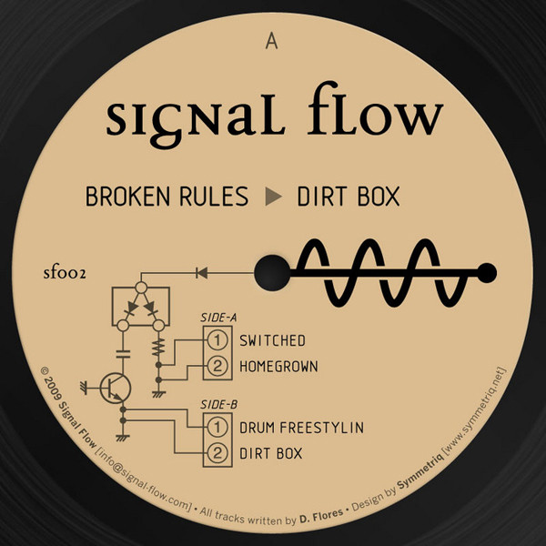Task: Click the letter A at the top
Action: [271, 42]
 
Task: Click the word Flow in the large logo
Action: [375, 110]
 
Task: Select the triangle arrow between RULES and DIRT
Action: [273, 197]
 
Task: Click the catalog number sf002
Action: [65, 273]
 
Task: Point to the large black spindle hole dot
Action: [272, 273]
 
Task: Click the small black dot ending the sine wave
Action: [487, 273]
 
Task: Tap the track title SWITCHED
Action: [272, 341]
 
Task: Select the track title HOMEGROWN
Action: [278, 367]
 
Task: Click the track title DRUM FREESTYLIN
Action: [301, 428]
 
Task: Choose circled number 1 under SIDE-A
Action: [217, 340]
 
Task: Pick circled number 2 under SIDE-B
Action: [217, 453]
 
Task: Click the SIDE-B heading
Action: [218, 405]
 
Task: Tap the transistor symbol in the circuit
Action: [116, 388]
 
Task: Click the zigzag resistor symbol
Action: [158, 348]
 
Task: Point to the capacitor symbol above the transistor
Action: [123, 354]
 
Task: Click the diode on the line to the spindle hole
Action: [202, 273]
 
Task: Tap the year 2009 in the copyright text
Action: [51, 388]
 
